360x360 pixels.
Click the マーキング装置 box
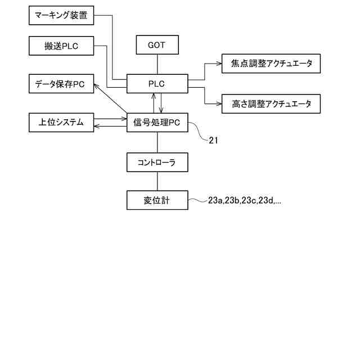(x=61, y=15)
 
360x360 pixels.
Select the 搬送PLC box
(x=61, y=46)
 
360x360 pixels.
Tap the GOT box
(x=157, y=45)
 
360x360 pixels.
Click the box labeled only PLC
(x=157, y=84)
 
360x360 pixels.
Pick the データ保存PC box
(x=61, y=84)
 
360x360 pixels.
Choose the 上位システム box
(x=61, y=122)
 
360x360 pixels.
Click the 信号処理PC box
(x=157, y=123)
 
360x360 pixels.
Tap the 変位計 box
(x=157, y=200)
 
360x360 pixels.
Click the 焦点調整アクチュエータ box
(x=271, y=64)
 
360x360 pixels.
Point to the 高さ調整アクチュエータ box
(x=271, y=103)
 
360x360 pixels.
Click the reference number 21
(x=213, y=141)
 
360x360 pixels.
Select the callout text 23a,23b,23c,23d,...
(x=245, y=200)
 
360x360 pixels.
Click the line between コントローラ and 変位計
(x=157, y=181)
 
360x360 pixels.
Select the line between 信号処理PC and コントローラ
(x=157, y=142)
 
